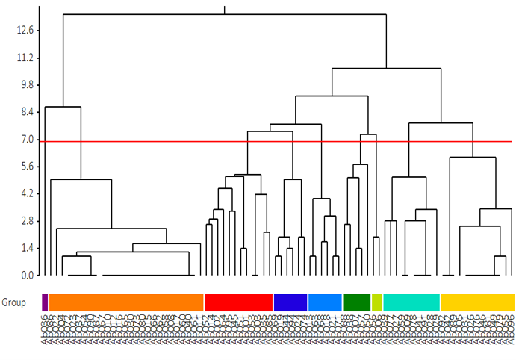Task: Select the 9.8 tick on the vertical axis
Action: [20, 85]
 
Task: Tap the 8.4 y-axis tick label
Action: [20, 112]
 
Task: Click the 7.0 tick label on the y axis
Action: [20, 140]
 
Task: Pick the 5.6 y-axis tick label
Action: [20, 167]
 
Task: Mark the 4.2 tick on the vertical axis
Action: [20, 194]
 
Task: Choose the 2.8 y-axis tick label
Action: [20, 221]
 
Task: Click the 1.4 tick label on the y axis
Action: [20, 249]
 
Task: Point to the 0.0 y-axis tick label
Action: [20, 276]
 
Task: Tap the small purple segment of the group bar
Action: [45, 302]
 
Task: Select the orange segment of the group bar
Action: [126, 302]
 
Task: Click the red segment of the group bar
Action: [238, 302]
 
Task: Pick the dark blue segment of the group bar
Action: [290, 302]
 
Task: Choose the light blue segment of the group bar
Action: [325, 302]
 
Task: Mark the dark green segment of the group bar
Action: [357, 302]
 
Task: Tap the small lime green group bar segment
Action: [377, 302]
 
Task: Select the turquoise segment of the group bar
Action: [411, 302]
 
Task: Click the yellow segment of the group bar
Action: [477, 302]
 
